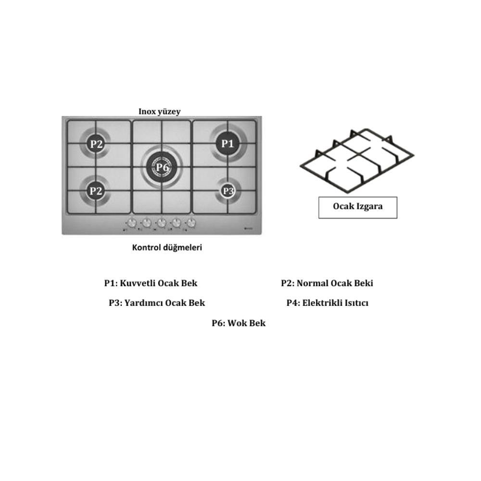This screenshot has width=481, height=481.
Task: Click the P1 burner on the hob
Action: pos(228,143)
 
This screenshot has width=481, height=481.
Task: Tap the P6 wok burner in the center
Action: pos(162,167)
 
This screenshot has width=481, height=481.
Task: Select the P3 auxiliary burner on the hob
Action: pos(228,191)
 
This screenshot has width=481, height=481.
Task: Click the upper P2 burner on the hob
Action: pos(96,143)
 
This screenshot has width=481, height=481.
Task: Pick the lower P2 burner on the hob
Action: pos(96,191)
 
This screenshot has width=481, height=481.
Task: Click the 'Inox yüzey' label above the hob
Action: pos(160,112)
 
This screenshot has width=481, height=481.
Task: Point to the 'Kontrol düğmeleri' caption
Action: pos(167,247)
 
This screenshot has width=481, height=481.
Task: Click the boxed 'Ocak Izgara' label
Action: pos(358,207)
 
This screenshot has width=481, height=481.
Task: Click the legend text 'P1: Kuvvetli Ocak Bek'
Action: pos(151,283)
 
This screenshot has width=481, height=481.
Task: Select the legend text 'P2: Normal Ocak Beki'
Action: pos(327,283)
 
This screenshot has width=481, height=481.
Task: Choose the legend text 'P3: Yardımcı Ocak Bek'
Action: pos(157,303)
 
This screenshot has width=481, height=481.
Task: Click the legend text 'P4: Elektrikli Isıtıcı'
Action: pos(327,303)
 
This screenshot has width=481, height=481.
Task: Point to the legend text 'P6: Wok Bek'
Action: pos(239,323)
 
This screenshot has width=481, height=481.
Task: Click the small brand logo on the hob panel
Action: pos(248,228)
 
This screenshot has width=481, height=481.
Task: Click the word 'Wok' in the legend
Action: pos(237,323)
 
